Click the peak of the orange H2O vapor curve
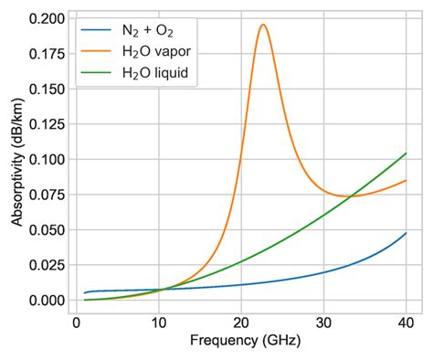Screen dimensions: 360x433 [263, 25]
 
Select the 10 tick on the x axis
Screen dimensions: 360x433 [159, 323]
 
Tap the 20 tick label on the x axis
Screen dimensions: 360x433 [241, 323]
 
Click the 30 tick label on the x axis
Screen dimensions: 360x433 [323, 323]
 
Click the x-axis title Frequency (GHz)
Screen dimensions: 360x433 [241, 342]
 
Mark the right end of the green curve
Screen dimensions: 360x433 [406, 154]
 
